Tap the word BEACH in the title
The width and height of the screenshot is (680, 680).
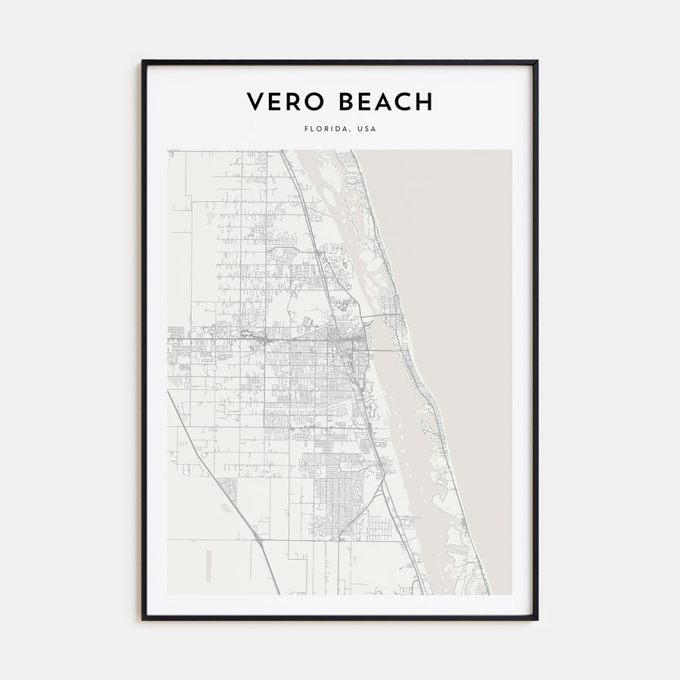coord(385,101)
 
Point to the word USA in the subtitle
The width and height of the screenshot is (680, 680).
coord(366,129)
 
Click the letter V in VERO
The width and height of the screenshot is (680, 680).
coord(255,101)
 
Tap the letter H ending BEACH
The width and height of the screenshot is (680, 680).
coord(424,101)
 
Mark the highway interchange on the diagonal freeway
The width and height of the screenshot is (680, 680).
coord(259,539)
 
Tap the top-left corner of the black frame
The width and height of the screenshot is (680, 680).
coord(143,62)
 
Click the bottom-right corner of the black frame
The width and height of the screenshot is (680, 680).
coord(536,619)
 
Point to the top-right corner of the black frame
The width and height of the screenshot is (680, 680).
coord(536,62)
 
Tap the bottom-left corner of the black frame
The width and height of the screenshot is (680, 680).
coord(143,619)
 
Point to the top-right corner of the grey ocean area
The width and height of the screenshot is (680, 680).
coord(511,151)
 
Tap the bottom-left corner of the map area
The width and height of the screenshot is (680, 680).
coord(168,594)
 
